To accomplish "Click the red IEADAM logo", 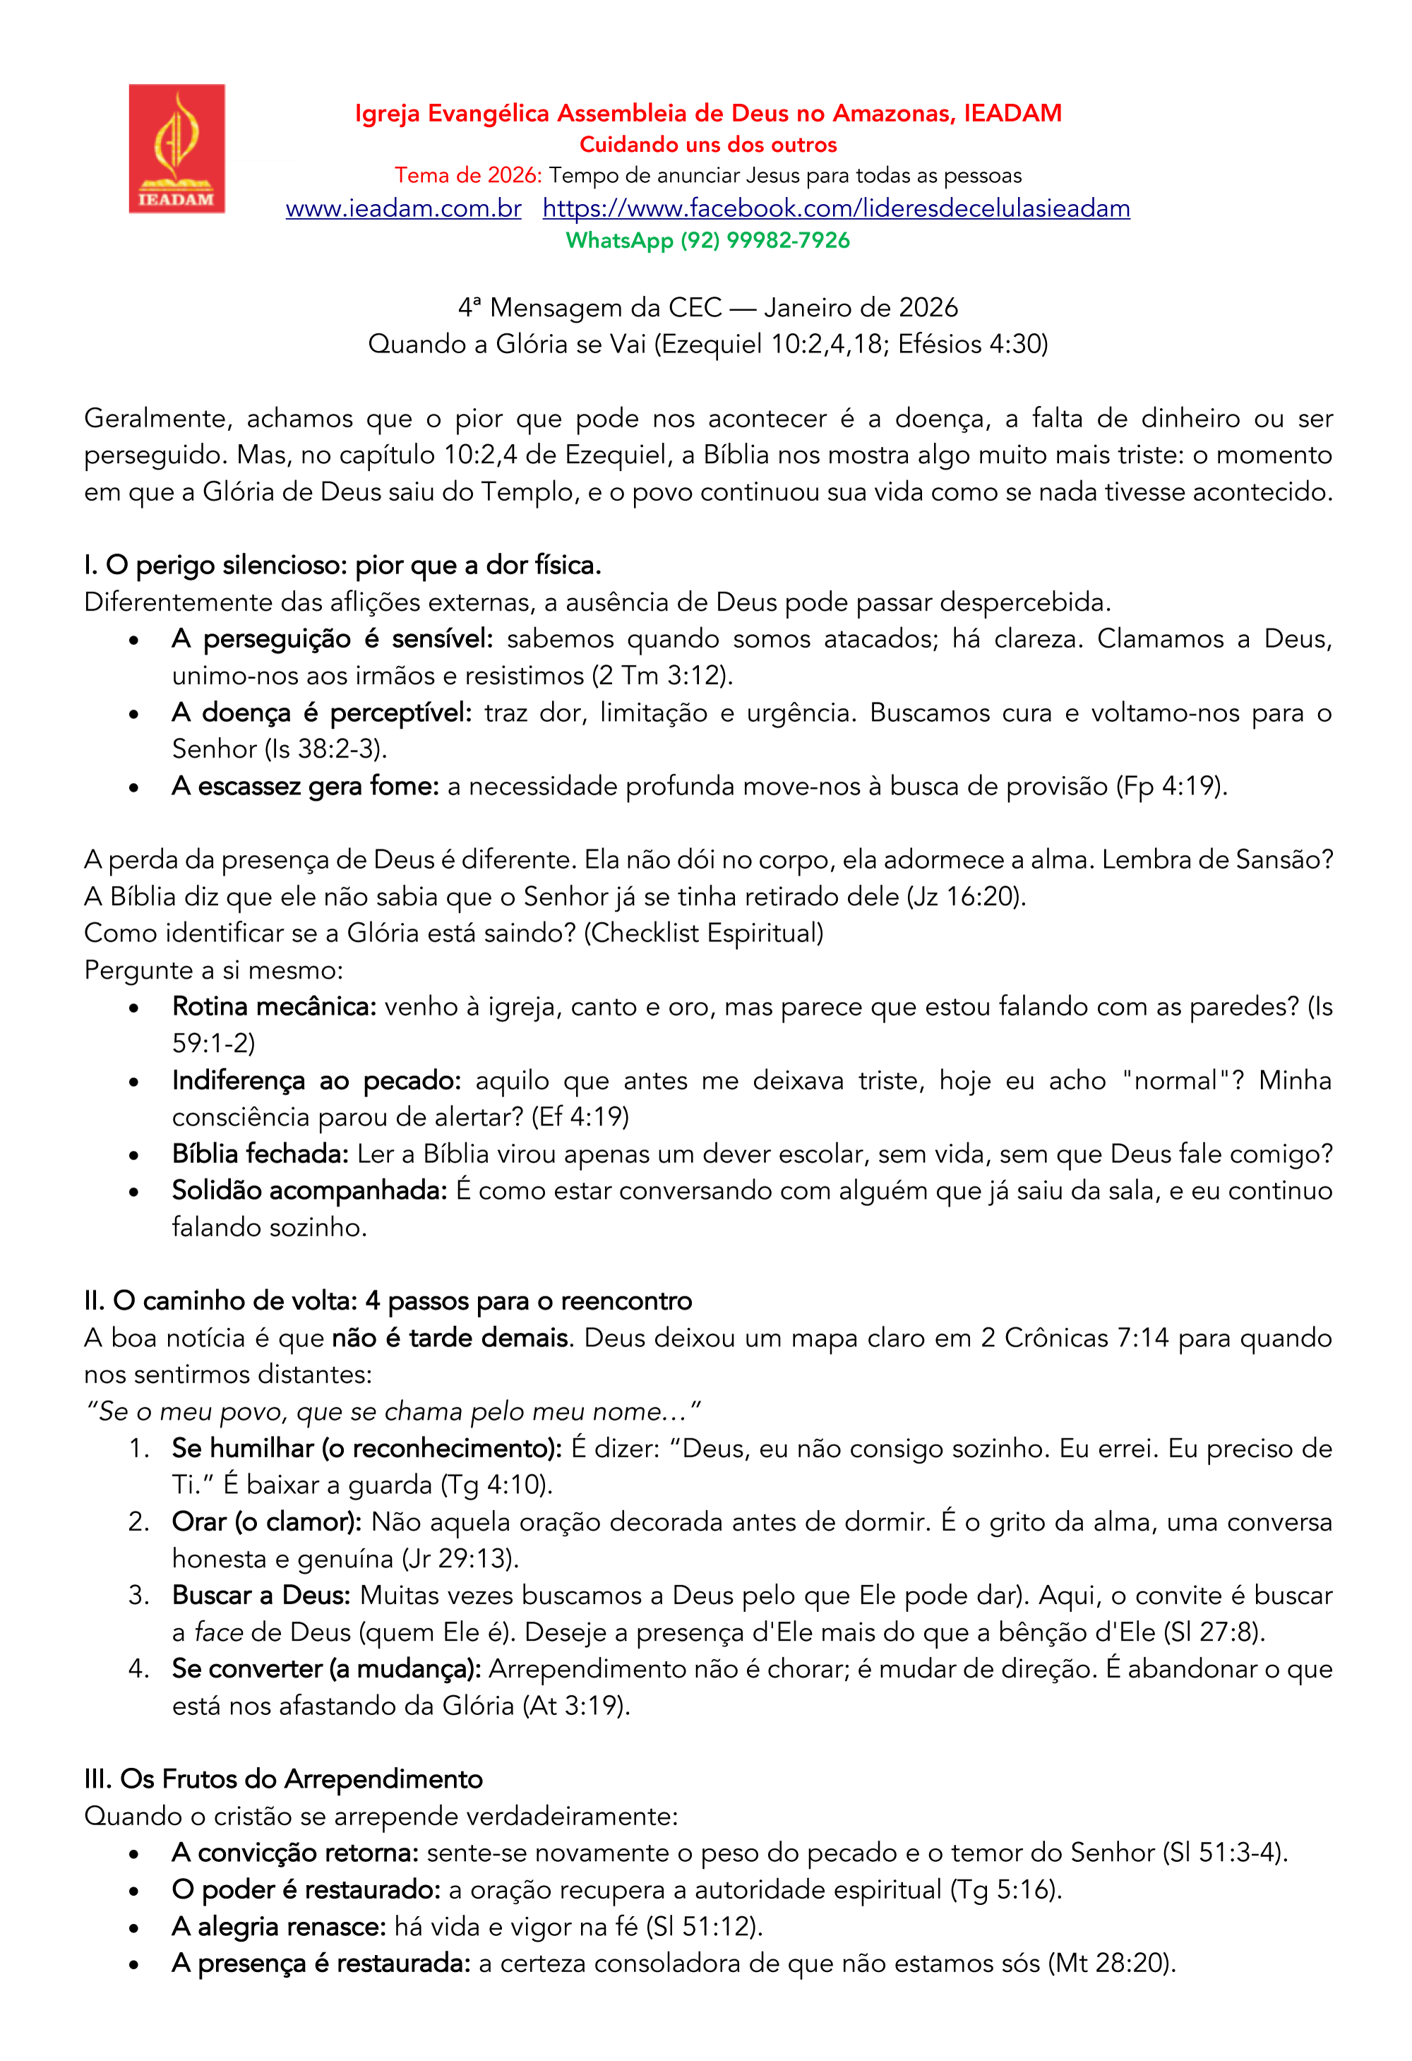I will click(176, 148).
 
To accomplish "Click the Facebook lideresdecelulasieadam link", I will click(835, 208).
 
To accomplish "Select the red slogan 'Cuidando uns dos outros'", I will click(708, 145).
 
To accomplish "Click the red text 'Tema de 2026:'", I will click(467, 176).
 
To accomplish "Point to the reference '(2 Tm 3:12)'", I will click(662, 676).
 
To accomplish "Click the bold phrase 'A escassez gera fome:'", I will click(305, 787).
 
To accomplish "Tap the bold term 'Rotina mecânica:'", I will click(274, 1007).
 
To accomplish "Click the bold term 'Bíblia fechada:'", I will click(260, 1154).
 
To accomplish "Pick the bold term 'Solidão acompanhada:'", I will click(309, 1191).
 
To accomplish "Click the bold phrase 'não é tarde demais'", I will click(450, 1337).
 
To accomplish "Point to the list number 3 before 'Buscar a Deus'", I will click(138, 1596).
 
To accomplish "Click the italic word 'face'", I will click(218, 1632).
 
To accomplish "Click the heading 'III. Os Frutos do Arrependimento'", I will click(283, 1779).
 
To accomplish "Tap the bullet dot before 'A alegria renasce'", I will click(134, 1928).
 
